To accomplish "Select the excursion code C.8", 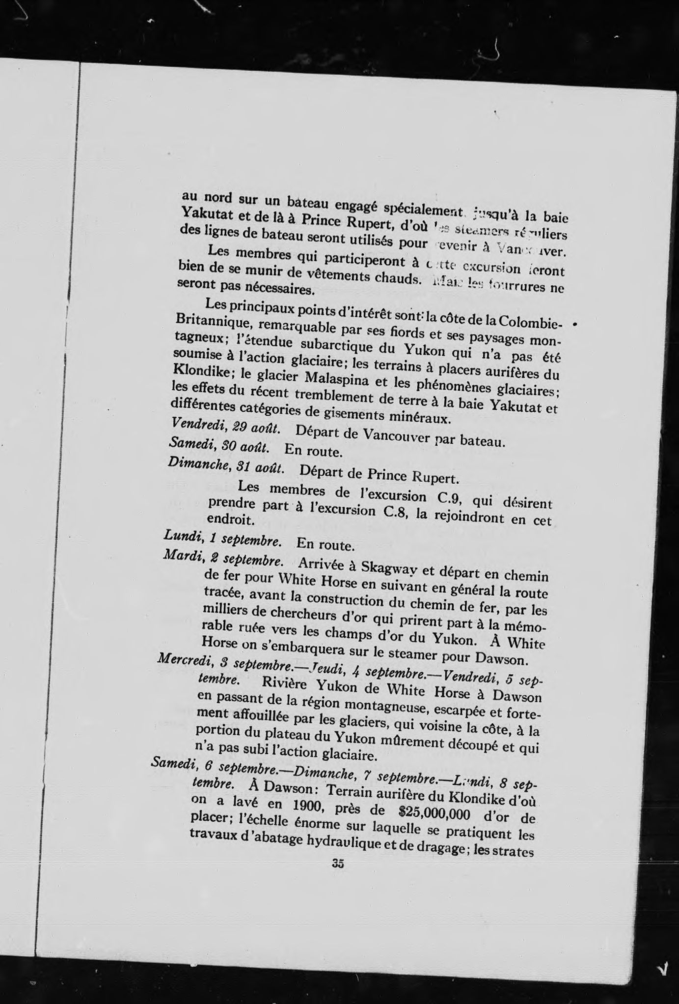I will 395,512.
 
